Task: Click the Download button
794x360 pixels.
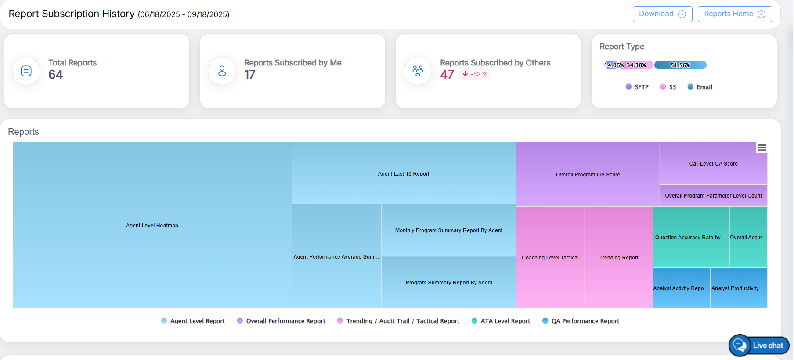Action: (662, 14)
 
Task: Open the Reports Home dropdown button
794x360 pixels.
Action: (734, 14)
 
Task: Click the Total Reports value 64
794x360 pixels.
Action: (56, 75)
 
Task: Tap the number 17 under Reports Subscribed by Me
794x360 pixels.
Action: (250, 75)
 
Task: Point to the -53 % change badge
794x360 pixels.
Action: (475, 74)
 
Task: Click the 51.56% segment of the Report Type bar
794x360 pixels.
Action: (680, 65)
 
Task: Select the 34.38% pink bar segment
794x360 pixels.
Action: (637, 65)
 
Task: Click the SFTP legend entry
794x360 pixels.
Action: (637, 87)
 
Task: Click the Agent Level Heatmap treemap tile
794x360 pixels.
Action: (152, 225)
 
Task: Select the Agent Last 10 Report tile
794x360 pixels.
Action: (404, 173)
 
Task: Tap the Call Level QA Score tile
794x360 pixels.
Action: (713, 163)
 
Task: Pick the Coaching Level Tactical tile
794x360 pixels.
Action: (550, 257)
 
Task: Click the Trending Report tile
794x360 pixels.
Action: (619, 257)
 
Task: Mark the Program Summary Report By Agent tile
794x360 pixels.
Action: (449, 282)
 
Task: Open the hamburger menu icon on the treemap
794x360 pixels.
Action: (762, 148)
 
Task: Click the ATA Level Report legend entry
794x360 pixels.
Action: (501, 321)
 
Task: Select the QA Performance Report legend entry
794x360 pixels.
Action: (581, 321)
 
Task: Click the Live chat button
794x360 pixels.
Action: (759, 346)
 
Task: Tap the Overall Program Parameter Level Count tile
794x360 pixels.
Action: (713, 196)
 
